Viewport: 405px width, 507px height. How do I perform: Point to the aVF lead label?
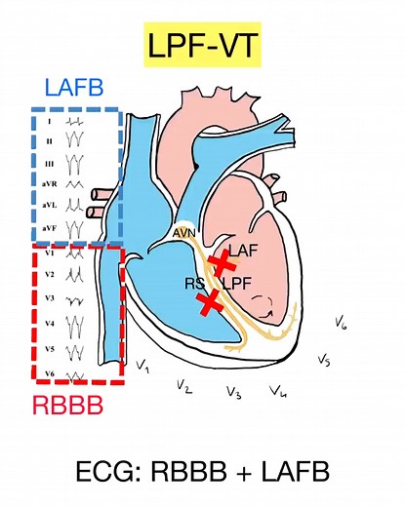[49, 227]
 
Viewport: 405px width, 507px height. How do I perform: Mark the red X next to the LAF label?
[223, 260]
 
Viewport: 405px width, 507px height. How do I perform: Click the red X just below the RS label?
[207, 304]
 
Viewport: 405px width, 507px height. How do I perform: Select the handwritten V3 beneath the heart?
[232, 393]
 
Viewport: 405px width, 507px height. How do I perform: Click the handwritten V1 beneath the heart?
[142, 367]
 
